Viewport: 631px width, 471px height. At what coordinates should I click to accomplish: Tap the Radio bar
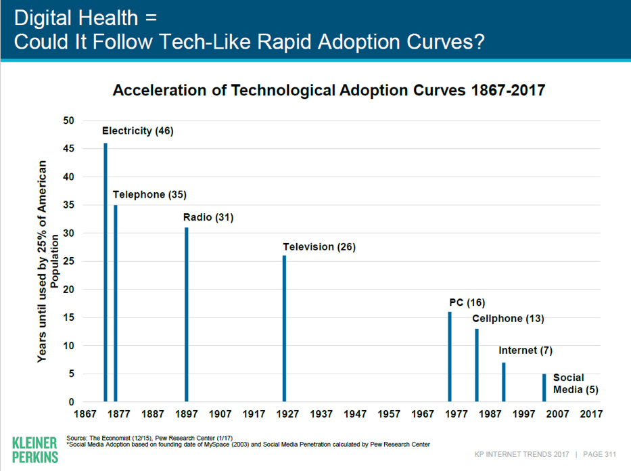coord(187,315)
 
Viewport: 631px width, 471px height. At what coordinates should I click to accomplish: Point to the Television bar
coord(285,329)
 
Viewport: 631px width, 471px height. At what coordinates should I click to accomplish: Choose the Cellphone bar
coord(477,365)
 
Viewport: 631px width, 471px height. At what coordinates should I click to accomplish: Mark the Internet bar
coord(504,382)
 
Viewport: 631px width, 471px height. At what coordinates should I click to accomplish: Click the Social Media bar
coord(544,388)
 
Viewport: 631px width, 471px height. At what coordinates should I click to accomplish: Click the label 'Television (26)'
coord(319,247)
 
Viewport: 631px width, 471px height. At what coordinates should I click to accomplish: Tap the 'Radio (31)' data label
coord(208,218)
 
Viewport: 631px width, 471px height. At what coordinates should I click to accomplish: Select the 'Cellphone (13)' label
coord(508,319)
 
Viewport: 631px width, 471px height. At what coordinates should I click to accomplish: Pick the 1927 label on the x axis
coord(288,413)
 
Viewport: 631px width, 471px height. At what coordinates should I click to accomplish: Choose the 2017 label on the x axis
coord(591,413)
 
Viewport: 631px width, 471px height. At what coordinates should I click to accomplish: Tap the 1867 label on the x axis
coord(86,413)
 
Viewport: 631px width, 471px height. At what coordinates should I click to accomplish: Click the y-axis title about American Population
coord(49,261)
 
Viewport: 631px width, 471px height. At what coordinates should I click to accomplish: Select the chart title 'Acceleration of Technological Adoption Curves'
coord(329,90)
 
